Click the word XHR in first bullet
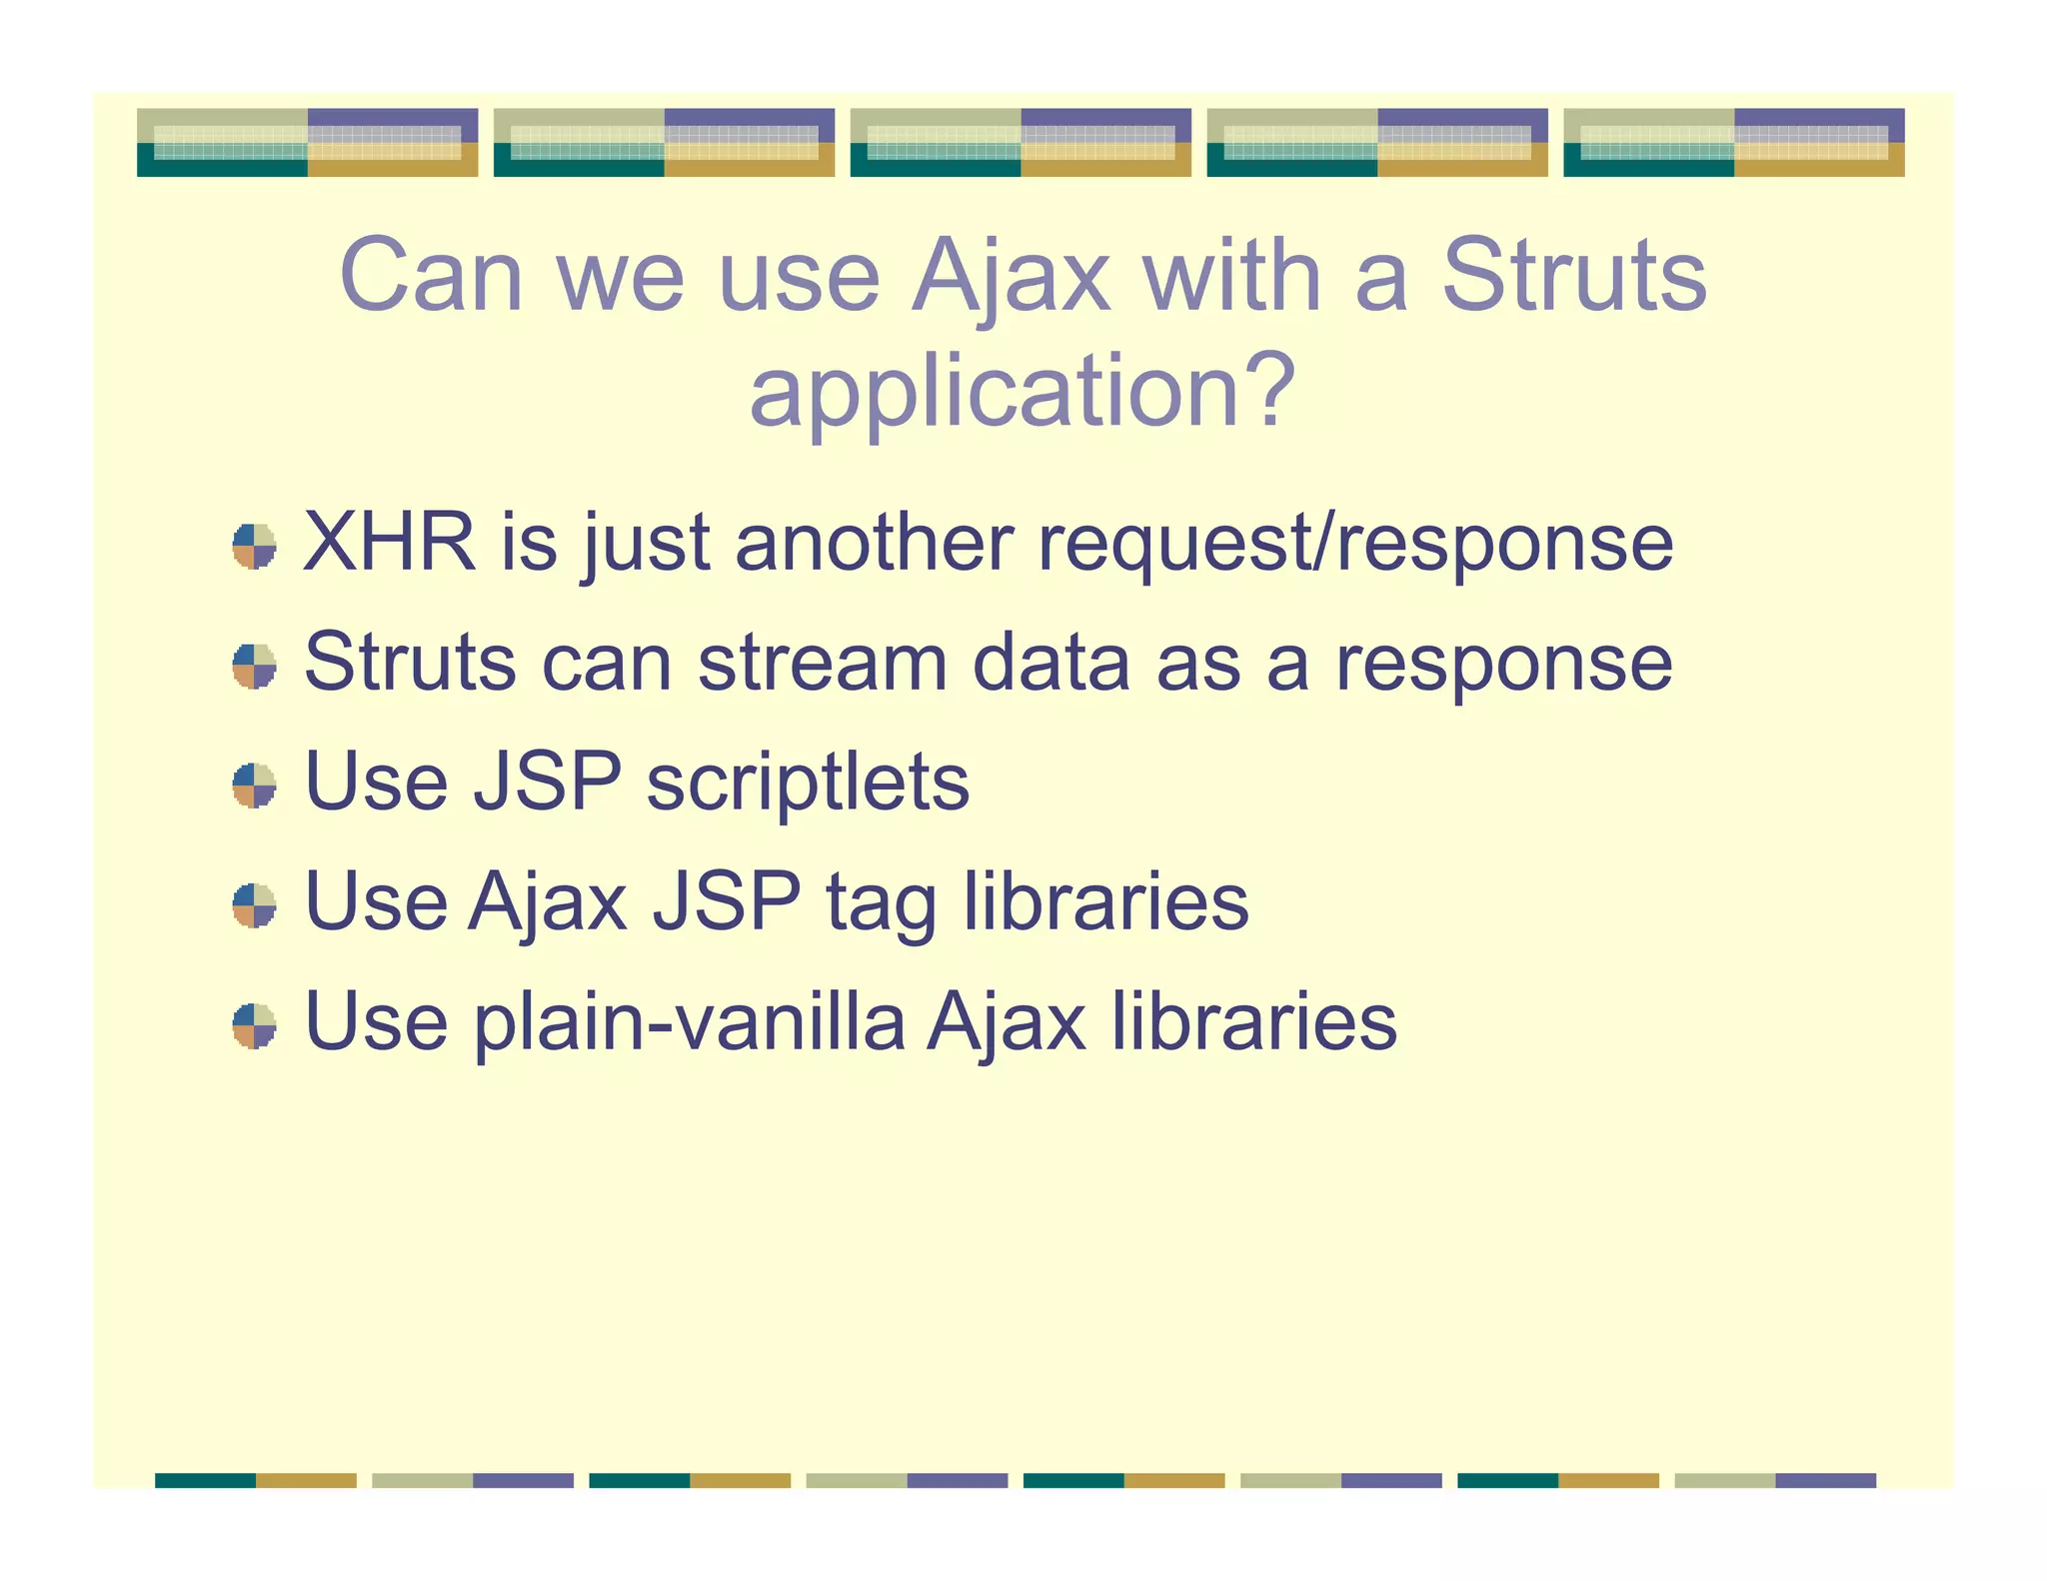(389, 543)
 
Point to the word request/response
(1354, 545)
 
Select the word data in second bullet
(1050, 663)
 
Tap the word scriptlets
(808, 783)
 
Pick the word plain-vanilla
(689, 1022)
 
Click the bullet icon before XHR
(254, 546)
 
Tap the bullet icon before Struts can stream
(254, 666)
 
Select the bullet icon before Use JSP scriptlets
(254, 786)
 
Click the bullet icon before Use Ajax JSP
(254, 905)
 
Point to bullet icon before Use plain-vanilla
(254, 1025)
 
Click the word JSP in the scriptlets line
(547, 783)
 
